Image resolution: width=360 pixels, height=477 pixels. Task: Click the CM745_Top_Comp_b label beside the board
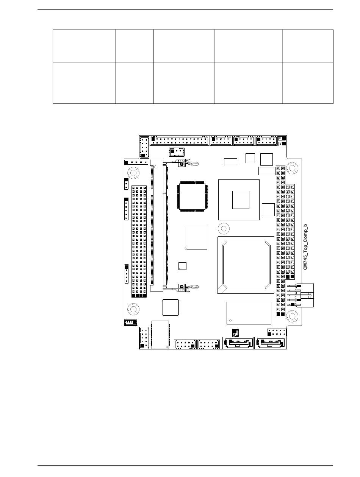coord(305,247)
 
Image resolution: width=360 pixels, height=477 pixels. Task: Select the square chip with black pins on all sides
coord(192,196)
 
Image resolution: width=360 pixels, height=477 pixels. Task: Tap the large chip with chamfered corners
coord(246,265)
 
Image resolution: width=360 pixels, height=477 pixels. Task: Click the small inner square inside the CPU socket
coord(241,200)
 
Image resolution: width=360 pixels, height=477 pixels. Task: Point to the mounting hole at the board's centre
coord(224,228)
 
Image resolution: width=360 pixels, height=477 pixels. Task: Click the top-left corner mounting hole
coord(133,173)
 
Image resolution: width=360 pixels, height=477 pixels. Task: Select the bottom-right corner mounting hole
coord(292,316)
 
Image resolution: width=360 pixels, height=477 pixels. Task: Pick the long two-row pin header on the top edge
coord(179,140)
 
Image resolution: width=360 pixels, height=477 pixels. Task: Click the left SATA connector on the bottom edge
coord(238,343)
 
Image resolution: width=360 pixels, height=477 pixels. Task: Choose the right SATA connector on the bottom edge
coord(270,343)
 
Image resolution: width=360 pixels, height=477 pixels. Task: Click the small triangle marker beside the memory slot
coord(155,167)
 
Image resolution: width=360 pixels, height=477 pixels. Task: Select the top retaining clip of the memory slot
coord(188,162)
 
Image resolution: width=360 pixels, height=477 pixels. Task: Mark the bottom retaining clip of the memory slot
coord(188,287)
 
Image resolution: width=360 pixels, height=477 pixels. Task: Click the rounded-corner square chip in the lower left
coord(171,307)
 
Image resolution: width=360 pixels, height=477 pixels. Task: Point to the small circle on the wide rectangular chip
coord(230,320)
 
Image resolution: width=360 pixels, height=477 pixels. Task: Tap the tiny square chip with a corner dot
coord(182,266)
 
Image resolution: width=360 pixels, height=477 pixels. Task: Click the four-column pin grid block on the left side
coord(139,241)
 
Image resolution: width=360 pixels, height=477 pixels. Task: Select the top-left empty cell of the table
coord(84,46)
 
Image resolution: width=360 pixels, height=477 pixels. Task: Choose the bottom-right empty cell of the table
coord(308,83)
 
